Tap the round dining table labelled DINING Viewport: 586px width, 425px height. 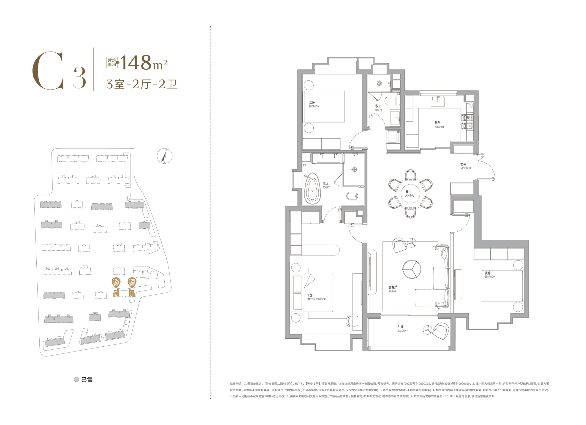(410, 194)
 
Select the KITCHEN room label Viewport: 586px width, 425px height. (439, 127)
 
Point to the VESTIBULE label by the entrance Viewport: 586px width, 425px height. (466, 168)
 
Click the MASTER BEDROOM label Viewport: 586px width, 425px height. (316, 299)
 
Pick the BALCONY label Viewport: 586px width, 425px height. (403, 331)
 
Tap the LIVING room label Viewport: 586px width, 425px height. (392, 291)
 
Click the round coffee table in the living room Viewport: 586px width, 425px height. (412, 269)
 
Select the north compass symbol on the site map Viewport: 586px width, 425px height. (165, 156)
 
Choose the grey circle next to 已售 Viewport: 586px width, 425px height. (76, 379)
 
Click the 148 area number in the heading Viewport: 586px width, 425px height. (136, 62)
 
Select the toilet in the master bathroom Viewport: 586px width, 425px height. (353, 196)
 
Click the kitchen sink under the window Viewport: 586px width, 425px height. (437, 102)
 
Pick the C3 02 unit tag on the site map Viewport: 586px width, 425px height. (116, 293)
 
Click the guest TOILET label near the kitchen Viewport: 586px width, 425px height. (378, 110)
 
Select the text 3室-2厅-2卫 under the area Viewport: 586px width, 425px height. (142, 84)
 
